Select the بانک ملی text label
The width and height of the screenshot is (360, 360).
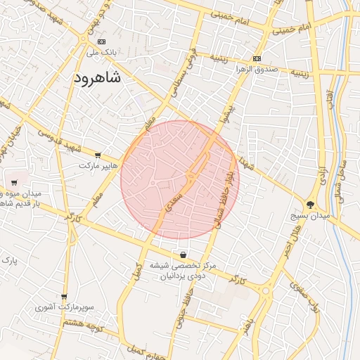tap(99, 52)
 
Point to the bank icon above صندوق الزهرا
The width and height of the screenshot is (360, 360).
tap(257, 58)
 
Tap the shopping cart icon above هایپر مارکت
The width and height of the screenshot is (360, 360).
tap(97, 155)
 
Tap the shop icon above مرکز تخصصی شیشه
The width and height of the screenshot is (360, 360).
tap(184, 255)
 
